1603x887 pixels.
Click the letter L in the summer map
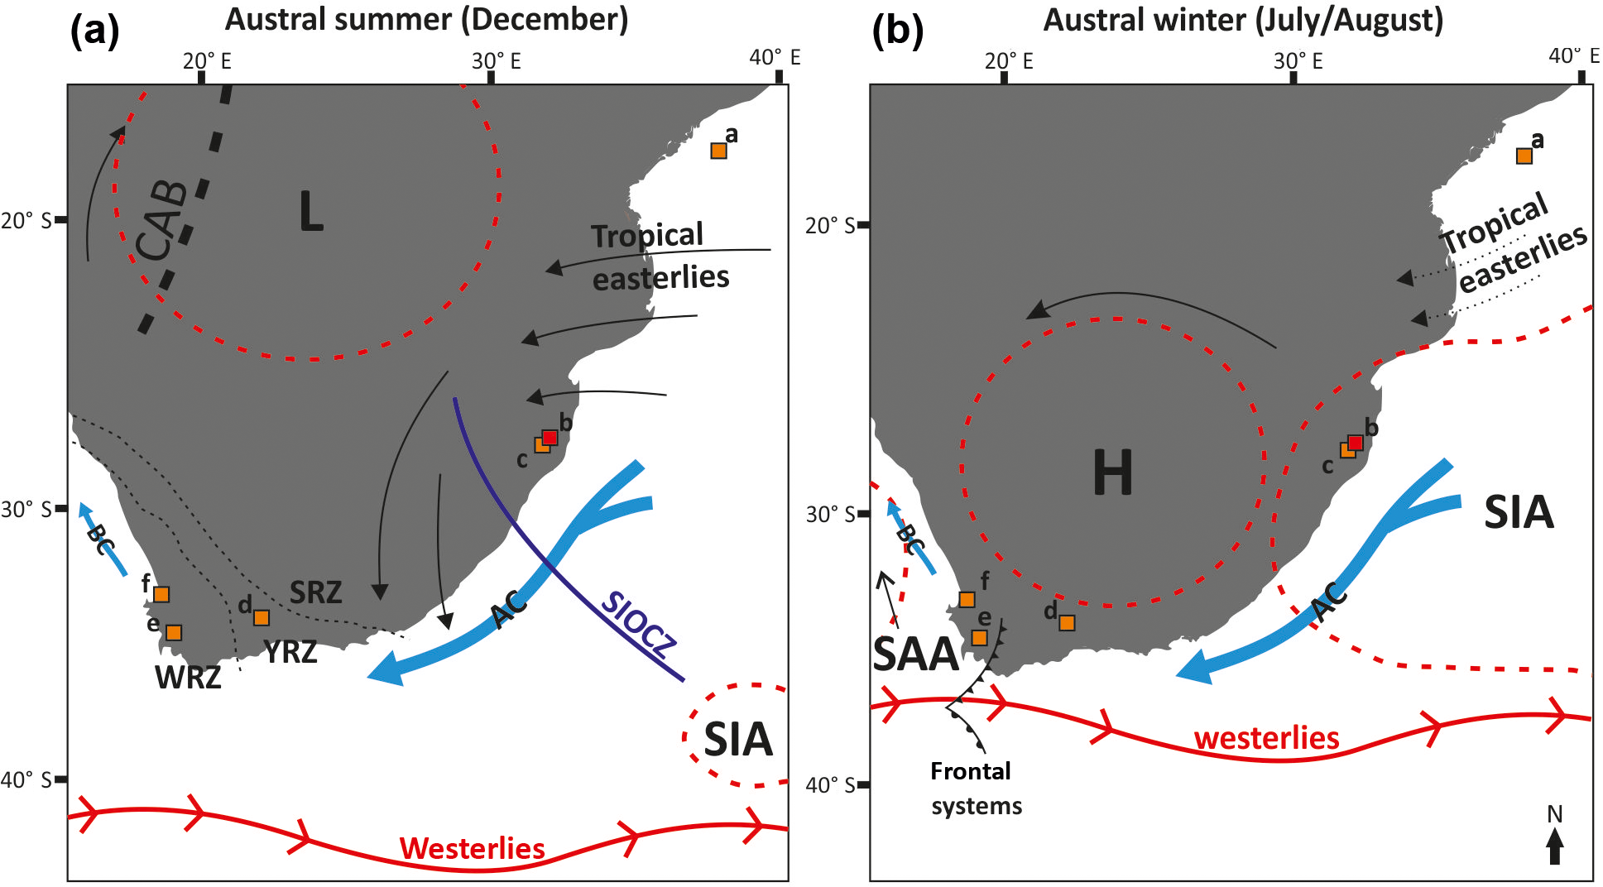click(x=310, y=212)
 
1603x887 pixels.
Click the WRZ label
click(x=188, y=678)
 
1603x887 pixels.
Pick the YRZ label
click(x=290, y=652)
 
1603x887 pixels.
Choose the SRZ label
click(x=315, y=592)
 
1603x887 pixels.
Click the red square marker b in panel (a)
click(x=550, y=437)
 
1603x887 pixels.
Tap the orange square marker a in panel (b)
click(x=1524, y=156)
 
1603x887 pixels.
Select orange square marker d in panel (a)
click(x=262, y=617)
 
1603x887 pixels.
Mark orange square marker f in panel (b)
click(x=967, y=599)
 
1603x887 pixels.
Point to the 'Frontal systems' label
click(x=975, y=789)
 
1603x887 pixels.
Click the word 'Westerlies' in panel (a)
click(x=472, y=848)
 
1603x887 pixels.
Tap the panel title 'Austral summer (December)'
click(x=426, y=19)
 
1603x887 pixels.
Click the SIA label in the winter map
click(x=1519, y=512)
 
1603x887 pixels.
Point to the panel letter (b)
click(x=897, y=31)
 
